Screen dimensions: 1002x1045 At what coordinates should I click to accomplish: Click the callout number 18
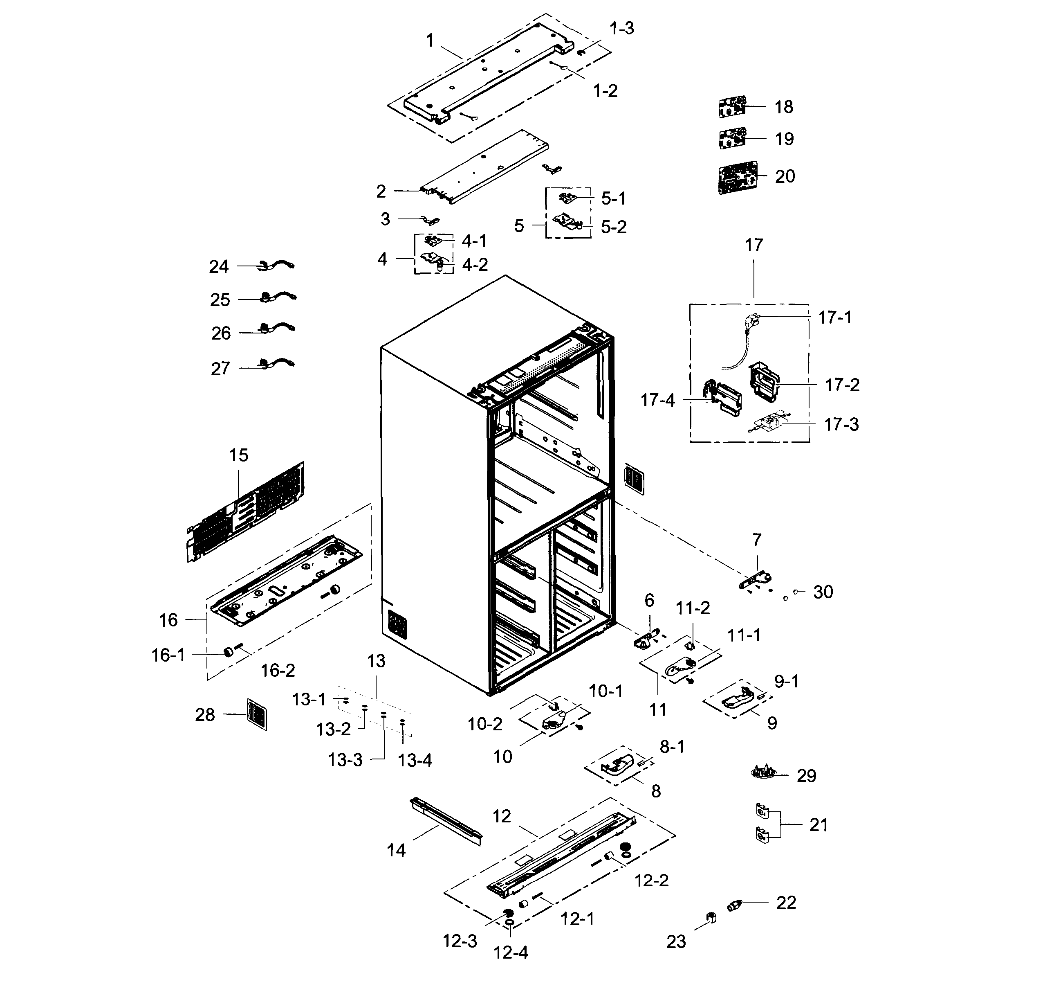point(783,107)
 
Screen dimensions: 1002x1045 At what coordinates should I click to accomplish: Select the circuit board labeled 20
point(738,178)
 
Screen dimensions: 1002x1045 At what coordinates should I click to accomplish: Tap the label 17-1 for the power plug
point(835,317)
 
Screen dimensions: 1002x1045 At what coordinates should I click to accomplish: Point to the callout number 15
point(238,455)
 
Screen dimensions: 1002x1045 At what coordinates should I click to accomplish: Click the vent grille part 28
point(257,714)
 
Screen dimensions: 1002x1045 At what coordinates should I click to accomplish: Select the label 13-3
point(345,760)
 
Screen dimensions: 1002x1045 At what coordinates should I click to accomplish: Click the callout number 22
point(786,902)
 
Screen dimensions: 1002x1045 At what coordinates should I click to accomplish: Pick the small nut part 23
point(711,918)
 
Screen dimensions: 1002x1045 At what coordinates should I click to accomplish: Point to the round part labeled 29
point(763,772)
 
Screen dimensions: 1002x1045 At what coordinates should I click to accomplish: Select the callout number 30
point(823,592)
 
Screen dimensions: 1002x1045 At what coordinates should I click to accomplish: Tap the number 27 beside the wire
point(220,368)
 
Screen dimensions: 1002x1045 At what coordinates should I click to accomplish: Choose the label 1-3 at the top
point(622,28)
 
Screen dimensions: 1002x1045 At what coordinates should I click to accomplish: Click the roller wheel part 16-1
point(228,652)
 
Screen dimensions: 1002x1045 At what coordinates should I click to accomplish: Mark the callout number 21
point(819,825)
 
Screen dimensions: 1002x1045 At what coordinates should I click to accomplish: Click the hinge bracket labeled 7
point(756,581)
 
